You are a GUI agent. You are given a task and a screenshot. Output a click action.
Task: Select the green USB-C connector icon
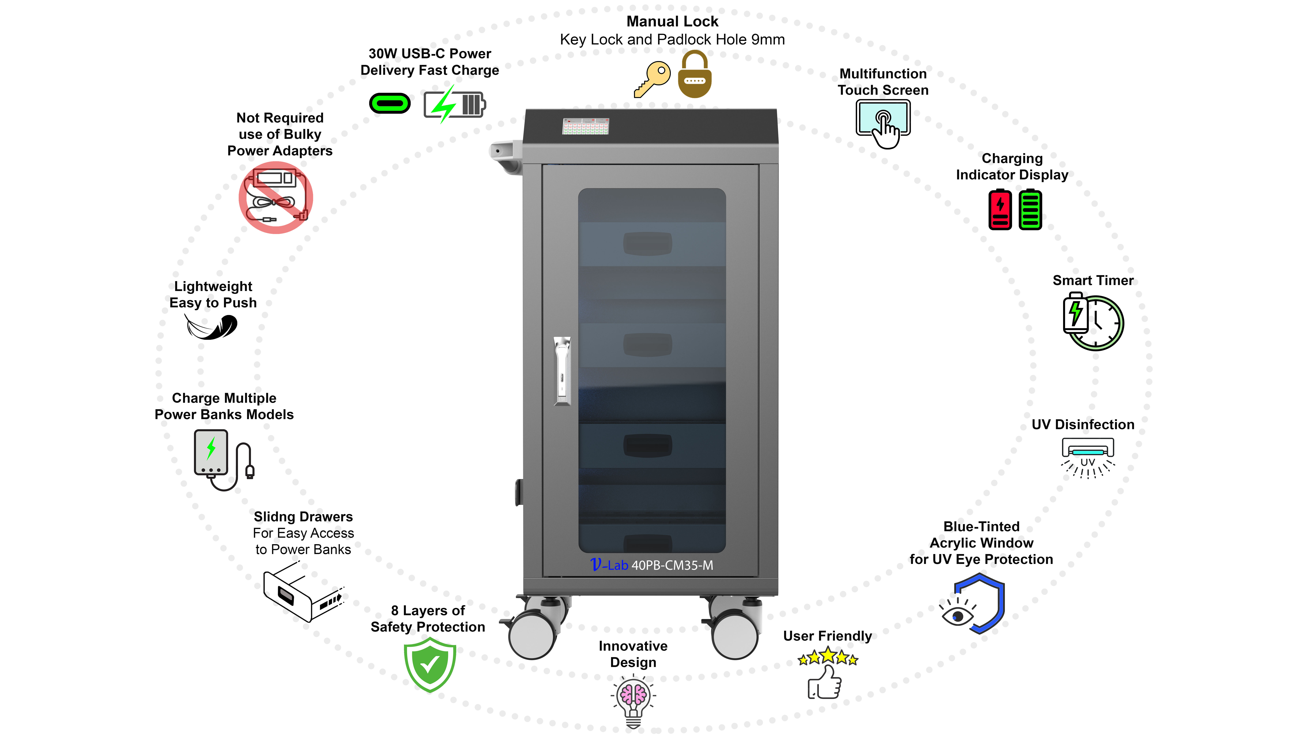[x=390, y=104]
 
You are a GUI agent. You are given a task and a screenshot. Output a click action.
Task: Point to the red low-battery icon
[x=1000, y=209]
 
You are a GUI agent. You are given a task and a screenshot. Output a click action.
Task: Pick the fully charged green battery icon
[x=1030, y=209]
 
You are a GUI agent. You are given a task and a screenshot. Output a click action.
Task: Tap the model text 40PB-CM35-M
[x=672, y=565]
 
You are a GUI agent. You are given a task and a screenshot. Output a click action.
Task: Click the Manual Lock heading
[x=672, y=21]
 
